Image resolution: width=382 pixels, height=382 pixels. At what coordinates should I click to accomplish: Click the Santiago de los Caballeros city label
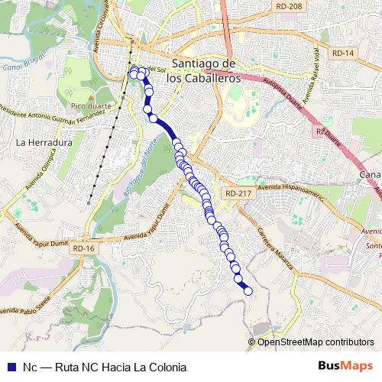pyautogui.click(x=207, y=70)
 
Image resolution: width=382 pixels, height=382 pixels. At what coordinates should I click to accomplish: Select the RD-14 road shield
pyautogui.click(x=344, y=53)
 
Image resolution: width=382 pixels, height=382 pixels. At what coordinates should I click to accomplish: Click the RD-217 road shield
pyautogui.click(x=236, y=194)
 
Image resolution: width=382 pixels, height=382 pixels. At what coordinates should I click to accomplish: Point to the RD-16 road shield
pyautogui.click(x=83, y=249)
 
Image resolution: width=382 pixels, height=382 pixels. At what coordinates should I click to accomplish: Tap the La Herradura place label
pyautogui.click(x=44, y=142)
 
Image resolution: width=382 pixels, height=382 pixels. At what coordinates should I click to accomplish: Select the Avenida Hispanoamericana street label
pyautogui.click(x=292, y=190)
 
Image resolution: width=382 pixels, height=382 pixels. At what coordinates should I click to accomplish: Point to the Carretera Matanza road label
pyautogui.click(x=275, y=245)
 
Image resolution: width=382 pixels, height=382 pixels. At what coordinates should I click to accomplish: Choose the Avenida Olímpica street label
pyautogui.click(x=40, y=175)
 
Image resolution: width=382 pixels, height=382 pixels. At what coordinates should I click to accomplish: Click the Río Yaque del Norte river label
pyautogui.click(x=141, y=170)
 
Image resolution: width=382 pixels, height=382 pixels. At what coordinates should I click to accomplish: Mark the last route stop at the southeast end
pyautogui.click(x=248, y=290)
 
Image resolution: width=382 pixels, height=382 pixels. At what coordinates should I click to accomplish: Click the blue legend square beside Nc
pyautogui.click(x=11, y=367)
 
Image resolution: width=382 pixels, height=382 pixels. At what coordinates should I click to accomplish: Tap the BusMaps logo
pyautogui.click(x=345, y=366)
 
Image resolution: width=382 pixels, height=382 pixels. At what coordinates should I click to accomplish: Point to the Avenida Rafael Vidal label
pyautogui.click(x=310, y=76)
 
